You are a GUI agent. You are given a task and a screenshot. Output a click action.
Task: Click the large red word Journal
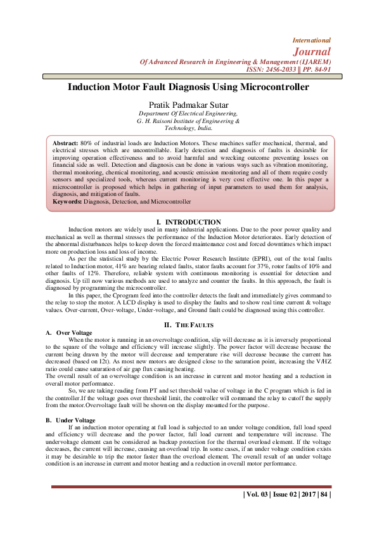click(x=312, y=51)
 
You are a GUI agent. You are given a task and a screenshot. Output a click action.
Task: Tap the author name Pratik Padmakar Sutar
click(x=188, y=103)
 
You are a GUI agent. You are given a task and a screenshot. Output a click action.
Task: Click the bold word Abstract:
click(x=65, y=145)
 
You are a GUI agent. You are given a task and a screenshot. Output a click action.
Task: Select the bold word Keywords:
click(x=71, y=202)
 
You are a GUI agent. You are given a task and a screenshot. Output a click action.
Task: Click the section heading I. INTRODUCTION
click(x=188, y=222)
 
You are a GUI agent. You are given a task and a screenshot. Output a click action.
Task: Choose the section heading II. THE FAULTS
click(x=188, y=325)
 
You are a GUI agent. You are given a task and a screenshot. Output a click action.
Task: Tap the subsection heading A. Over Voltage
click(x=69, y=332)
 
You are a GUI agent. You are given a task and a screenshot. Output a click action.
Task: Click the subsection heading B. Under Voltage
click(x=71, y=420)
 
